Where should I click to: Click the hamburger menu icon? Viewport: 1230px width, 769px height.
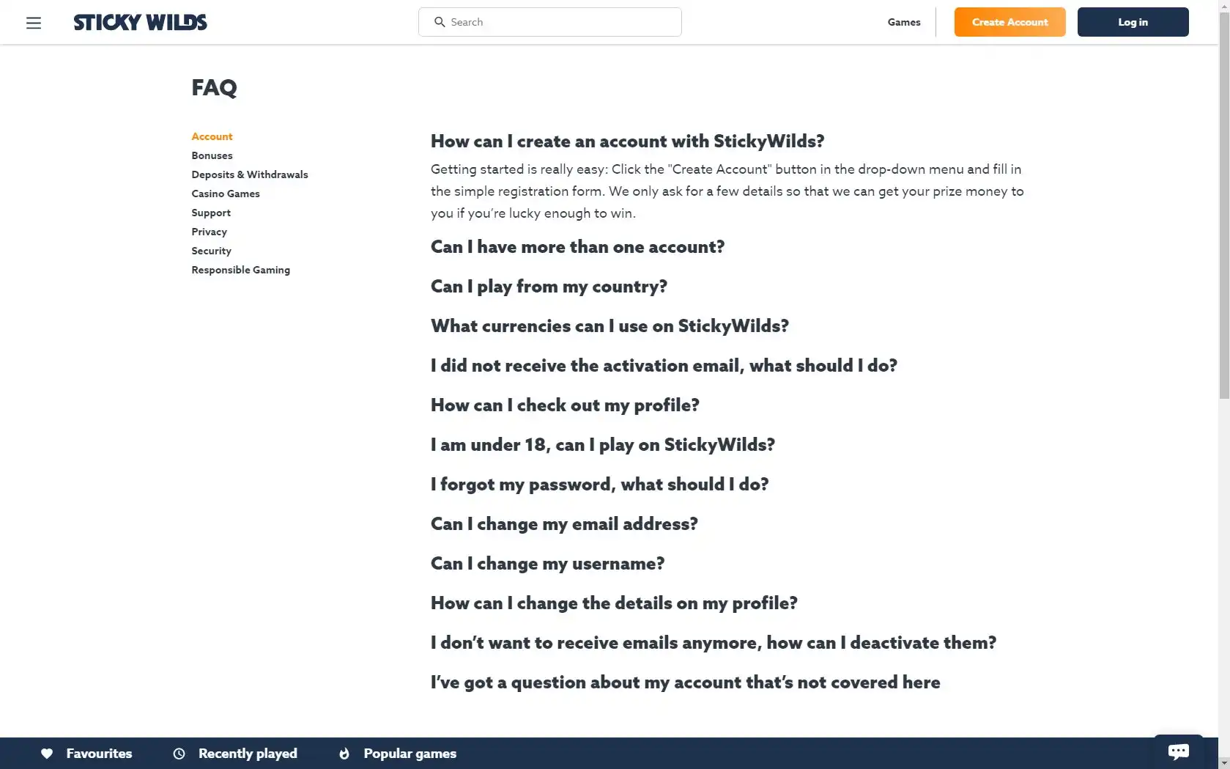coord(34,23)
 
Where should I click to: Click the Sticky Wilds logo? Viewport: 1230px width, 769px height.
coord(140,22)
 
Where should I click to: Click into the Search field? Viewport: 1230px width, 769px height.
coord(557,22)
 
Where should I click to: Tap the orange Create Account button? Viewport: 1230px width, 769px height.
coord(1009,22)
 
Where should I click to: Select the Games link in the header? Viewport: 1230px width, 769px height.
coord(904,22)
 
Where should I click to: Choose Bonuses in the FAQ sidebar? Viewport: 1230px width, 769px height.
coord(212,155)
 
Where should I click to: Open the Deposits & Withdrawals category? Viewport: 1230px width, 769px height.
coord(250,174)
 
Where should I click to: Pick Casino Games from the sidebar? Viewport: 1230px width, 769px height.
coord(226,194)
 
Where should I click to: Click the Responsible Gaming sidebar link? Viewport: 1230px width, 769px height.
coord(240,270)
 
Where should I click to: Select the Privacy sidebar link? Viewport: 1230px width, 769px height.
coord(209,232)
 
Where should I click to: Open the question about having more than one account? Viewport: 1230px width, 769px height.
coord(577,247)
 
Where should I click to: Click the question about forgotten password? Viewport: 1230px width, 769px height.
coord(599,485)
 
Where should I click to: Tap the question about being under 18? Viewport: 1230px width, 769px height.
coord(602,445)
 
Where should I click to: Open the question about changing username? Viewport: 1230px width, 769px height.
coord(547,564)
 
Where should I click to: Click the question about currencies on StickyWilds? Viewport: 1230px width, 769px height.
coord(610,326)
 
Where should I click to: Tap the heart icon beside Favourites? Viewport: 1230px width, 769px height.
coord(47,754)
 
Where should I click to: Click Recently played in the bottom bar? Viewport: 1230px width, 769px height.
coord(247,754)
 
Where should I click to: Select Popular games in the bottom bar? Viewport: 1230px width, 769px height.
coord(409,754)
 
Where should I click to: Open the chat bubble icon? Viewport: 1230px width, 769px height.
coord(1178,751)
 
